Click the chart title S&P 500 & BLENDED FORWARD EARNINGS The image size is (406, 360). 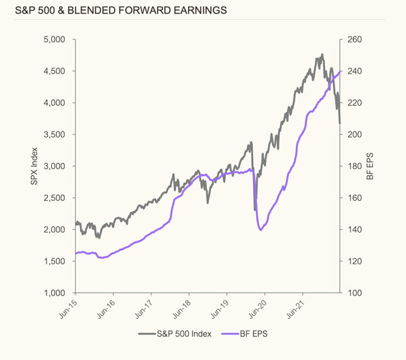114,11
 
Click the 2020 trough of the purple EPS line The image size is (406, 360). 260,231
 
